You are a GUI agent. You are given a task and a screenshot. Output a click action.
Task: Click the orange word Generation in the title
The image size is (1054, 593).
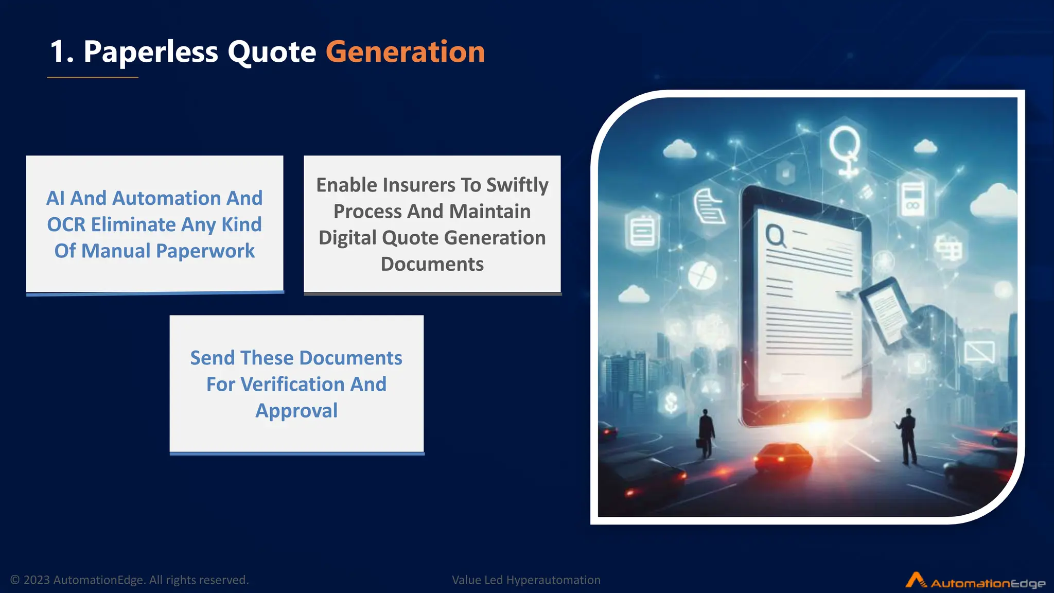[405, 52]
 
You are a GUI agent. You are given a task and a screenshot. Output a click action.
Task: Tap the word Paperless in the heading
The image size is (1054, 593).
[150, 52]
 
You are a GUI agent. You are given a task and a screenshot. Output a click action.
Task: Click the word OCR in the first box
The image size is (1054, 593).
[66, 225]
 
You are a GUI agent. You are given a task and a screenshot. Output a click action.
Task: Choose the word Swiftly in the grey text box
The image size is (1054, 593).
[517, 185]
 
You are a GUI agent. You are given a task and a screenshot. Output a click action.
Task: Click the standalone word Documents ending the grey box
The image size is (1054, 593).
[432, 264]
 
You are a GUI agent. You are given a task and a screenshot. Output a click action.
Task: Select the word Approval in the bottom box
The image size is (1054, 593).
[296, 411]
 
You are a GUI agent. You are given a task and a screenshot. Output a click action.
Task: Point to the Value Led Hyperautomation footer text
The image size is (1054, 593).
[526, 580]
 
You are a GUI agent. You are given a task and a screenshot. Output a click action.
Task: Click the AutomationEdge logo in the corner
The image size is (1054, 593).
[975, 582]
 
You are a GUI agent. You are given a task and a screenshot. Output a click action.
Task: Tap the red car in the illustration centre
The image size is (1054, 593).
[783, 456]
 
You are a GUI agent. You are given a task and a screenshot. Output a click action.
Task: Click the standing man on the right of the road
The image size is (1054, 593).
[908, 435]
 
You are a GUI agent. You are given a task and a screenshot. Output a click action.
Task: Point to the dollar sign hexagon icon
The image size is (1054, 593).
[671, 402]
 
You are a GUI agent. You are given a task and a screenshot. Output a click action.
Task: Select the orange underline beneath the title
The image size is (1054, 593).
[93, 77]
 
